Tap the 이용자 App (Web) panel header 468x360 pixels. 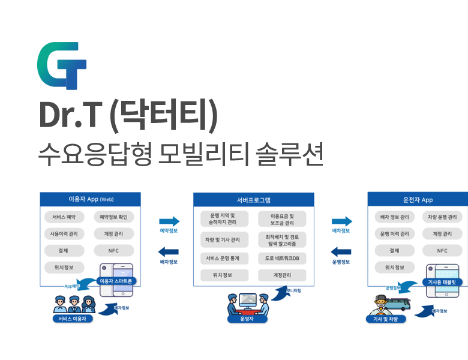pyautogui.click(x=91, y=199)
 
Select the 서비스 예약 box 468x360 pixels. pyautogui.click(x=64, y=217)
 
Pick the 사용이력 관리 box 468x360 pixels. pyautogui.click(x=64, y=233)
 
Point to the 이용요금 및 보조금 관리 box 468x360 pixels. pyautogui.click(x=282, y=219)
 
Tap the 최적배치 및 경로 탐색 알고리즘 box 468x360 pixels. pyautogui.click(x=282, y=240)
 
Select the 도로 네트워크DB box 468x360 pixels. pyautogui.click(x=282, y=259)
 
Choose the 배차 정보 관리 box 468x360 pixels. pyautogui.click(x=395, y=217)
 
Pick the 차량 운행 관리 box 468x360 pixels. pyautogui.click(x=442, y=217)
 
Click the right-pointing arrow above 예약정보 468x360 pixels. pyautogui.click(x=169, y=221)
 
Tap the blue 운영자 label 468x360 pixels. pyautogui.click(x=245, y=319)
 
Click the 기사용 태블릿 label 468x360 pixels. pyautogui.click(x=442, y=281)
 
